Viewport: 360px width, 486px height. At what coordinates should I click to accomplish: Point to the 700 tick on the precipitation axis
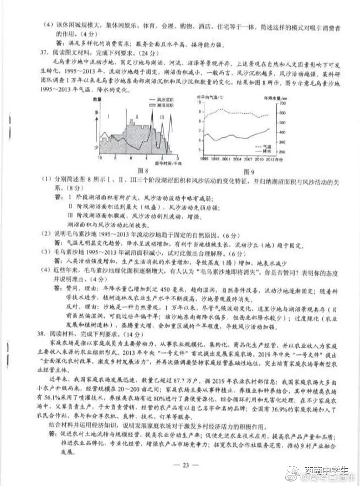283,101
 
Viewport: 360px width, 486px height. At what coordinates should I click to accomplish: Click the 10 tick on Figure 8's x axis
100,158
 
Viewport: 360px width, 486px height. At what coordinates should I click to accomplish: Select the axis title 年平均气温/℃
212,96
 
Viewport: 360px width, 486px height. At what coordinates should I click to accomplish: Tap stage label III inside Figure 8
162,118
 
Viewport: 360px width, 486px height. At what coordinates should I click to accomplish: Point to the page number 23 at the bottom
182,464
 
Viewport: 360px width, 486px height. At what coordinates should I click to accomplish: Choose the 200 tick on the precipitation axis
283,151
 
